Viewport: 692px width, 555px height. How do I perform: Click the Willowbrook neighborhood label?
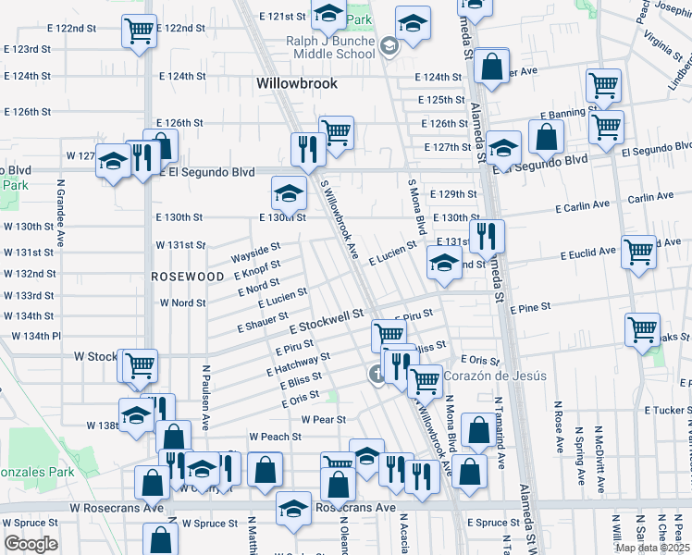pyautogui.click(x=296, y=83)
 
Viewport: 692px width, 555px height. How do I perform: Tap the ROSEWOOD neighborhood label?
pyautogui.click(x=188, y=277)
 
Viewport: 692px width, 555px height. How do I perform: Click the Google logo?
pyautogui.click(x=31, y=543)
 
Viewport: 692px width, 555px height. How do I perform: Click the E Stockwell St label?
pyautogui.click(x=326, y=322)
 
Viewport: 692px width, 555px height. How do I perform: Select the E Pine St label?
pyautogui.click(x=529, y=307)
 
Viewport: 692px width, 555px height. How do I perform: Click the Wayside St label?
pyautogui.click(x=255, y=251)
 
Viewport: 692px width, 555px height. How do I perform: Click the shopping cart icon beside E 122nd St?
pyautogui.click(x=139, y=31)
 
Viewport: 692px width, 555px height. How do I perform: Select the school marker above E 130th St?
pyautogui.click(x=289, y=194)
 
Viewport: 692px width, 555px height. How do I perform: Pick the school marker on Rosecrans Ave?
pyautogui.click(x=293, y=509)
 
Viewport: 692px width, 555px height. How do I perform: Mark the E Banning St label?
pyautogui.click(x=567, y=115)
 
